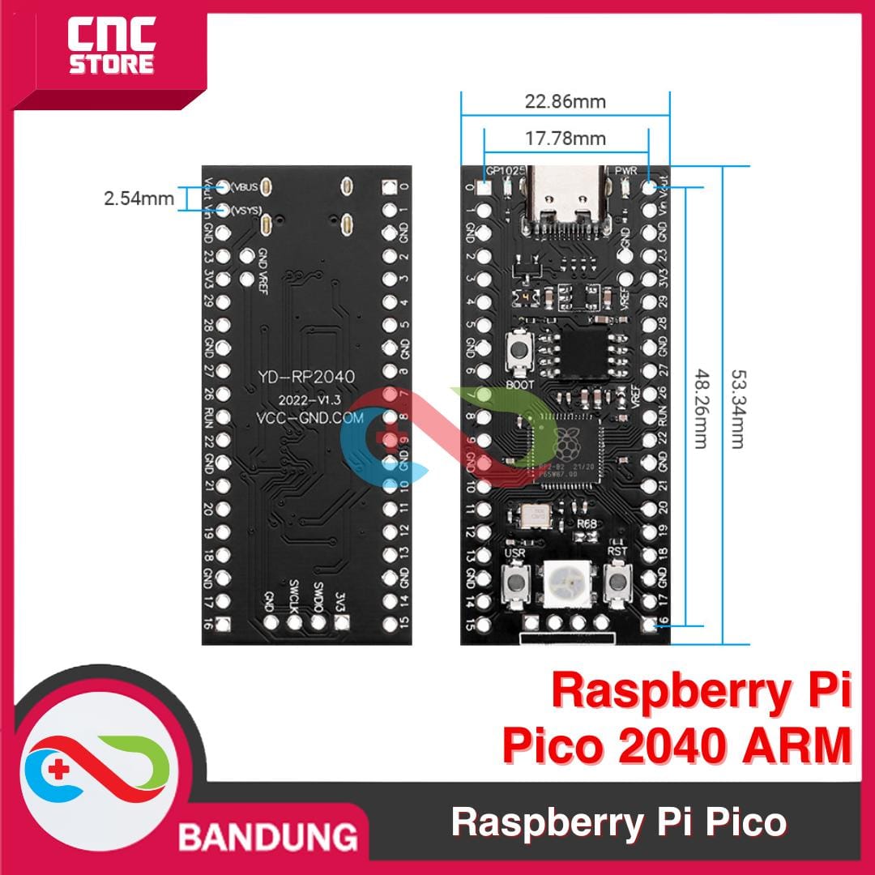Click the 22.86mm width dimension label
click(566, 102)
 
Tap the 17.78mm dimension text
click(566, 139)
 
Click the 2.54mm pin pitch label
click(139, 198)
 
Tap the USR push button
click(514, 582)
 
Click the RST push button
click(618, 582)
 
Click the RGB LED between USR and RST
click(566, 581)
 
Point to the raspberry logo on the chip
click(564, 442)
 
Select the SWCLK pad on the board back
click(295, 622)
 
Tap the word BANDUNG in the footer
click(268, 835)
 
